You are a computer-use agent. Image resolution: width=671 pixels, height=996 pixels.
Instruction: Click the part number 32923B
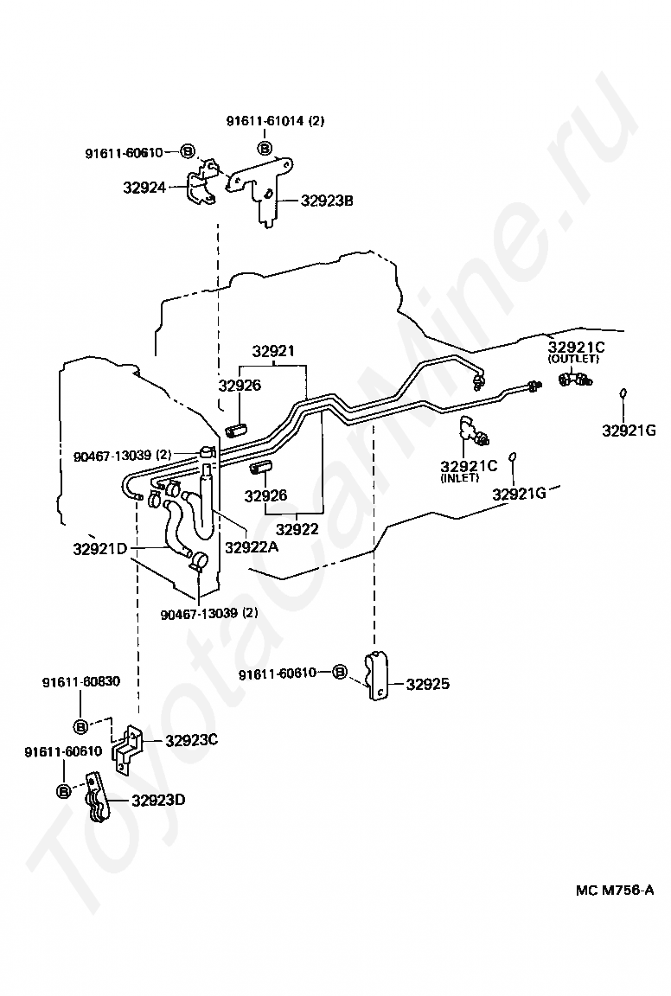[327, 201]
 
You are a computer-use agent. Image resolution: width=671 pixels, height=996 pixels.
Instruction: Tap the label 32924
[144, 188]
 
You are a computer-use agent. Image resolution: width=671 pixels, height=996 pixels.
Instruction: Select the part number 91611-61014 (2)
[276, 121]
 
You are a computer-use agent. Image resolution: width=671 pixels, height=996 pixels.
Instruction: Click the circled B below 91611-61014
[265, 149]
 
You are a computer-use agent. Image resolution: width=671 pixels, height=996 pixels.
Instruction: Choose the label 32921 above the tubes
[273, 351]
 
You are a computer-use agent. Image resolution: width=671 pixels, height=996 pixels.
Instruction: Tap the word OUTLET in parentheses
[574, 359]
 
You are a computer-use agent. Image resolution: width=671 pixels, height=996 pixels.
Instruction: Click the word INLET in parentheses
[460, 477]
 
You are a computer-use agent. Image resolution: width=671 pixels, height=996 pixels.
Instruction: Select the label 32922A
[252, 546]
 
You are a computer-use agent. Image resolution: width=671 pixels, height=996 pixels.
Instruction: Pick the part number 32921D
[100, 549]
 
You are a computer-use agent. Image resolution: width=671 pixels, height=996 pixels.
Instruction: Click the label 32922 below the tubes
[297, 528]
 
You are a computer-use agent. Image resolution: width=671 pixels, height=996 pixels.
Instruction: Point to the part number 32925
[428, 684]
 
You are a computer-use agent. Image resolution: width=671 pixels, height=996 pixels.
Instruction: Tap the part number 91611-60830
[81, 682]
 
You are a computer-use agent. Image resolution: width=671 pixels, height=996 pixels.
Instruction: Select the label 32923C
[192, 741]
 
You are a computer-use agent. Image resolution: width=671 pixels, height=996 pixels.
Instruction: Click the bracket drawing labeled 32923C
[129, 750]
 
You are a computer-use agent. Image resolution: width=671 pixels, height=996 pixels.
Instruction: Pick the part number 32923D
[159, 800]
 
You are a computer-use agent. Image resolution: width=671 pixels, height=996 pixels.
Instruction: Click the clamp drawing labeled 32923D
[97, 798]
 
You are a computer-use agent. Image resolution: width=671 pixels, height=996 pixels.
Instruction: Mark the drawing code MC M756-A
[615, 890]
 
